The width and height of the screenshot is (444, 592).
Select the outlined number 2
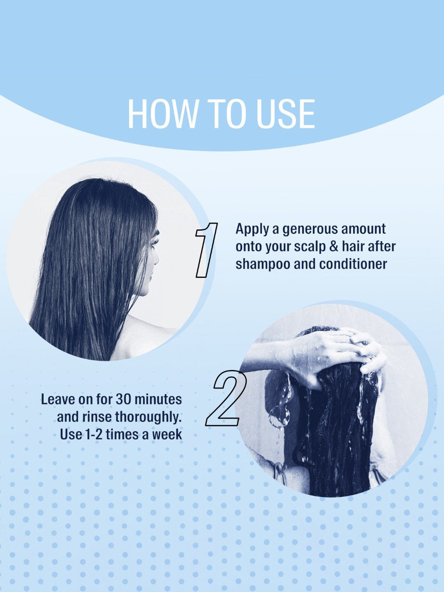(226, 398)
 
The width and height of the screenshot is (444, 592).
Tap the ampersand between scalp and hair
(334, 246)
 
